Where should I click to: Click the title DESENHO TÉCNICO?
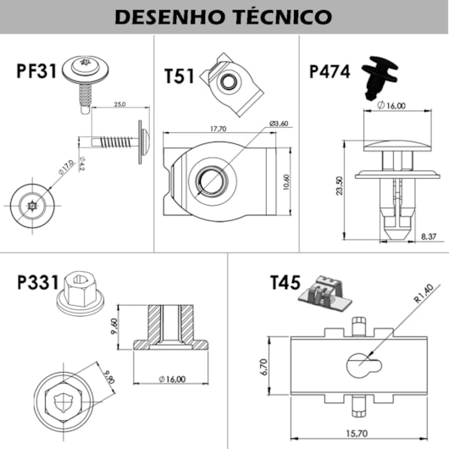pos(224,16)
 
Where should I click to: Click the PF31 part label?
pos(36,70)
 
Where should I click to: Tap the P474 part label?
pos(330,71)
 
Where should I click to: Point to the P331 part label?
pos(36,282)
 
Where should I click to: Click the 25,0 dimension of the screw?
pos(118,105)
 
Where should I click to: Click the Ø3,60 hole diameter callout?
pos(280,125)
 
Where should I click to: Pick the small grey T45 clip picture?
pos(327,293)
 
